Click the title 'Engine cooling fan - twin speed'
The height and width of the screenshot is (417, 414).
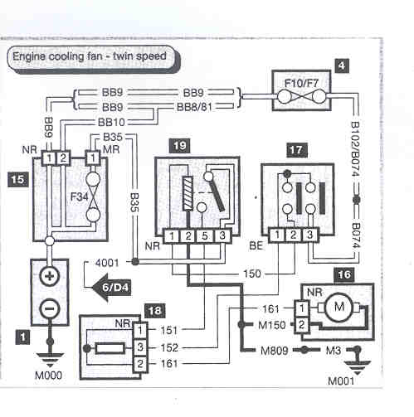click(90, 56)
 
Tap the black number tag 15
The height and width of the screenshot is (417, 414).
click(18, 180)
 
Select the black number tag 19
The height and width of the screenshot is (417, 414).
click(180, 146)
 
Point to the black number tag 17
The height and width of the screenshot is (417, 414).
click(296, 150)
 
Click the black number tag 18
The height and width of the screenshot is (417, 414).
click(155, 310)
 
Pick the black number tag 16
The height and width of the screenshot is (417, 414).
click(344, 274)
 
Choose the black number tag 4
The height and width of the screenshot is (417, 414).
click(342, 65)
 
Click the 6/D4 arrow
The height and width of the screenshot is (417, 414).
click(111, 288)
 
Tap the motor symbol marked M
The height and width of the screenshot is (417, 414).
click(339, 307)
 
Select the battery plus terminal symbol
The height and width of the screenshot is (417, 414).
click(50, 276)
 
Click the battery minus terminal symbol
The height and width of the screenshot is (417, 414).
click(50, 308)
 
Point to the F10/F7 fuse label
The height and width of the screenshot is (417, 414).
click(302, 83)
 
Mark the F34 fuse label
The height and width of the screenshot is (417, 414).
click(80, 196)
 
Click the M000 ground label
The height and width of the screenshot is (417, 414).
click(48, 376)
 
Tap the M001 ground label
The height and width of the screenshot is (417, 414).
click(341, 381)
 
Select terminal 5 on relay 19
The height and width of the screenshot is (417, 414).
click(205, 236)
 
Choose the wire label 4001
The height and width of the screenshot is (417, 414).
click(107, 263)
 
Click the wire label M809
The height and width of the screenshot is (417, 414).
click(275, 351)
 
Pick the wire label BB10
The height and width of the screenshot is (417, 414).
click(111, 122)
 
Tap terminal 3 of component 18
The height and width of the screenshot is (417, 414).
click(140, 347)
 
